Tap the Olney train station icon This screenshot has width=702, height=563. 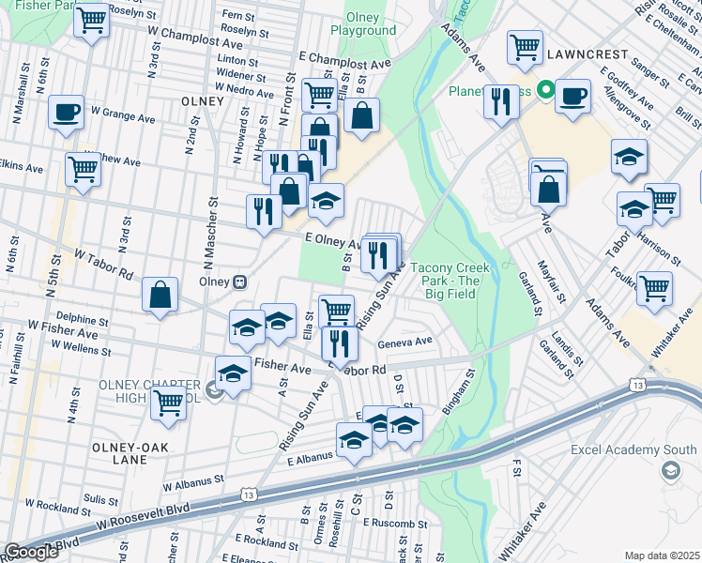(240, 281)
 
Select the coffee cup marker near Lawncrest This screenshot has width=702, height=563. (572, 96)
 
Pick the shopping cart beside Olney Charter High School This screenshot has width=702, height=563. (169, 403)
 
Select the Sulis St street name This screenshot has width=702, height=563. (100, 499)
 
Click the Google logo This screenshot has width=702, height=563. (31, 552)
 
